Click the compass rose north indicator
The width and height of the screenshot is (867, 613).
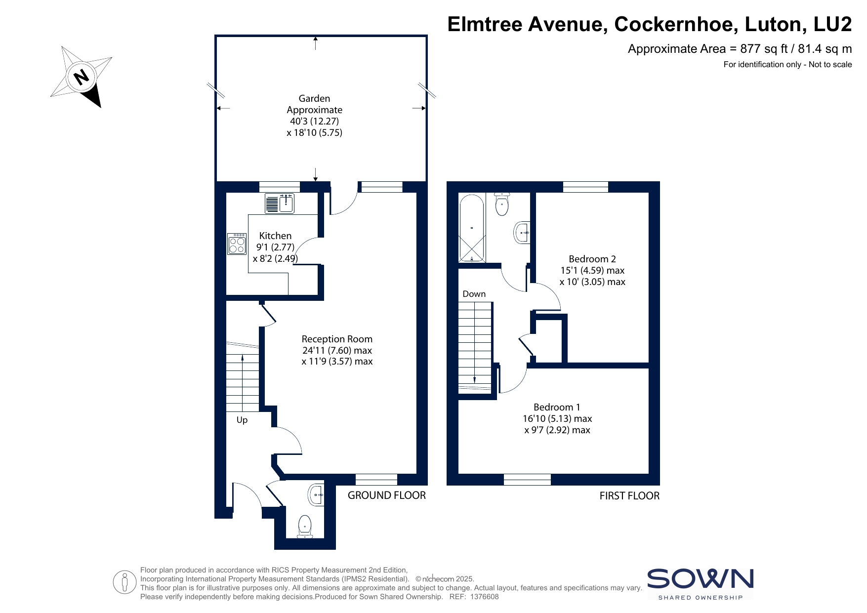click(81, 77)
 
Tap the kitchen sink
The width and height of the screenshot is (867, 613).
click(280, 204)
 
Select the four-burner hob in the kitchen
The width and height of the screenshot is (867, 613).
click(237, 244)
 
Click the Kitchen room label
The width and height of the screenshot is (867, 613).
click(275, 236)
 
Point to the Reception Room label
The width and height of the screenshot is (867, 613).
click(337, 339)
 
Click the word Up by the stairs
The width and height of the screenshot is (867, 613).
click(242, 420)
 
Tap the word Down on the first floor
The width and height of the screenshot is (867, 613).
click(474, 294)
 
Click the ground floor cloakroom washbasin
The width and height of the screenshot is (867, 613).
click(316, 494)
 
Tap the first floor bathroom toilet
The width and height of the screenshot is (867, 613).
click(502, 204)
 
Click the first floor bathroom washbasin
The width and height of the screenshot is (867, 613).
click(523, 232)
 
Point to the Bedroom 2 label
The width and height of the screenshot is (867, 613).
click(592, 259)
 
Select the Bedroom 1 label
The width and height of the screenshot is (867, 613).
click(557, 407)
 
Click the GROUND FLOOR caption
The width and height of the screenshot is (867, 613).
click(387, 495)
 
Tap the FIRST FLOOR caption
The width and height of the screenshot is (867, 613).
click(629, 495)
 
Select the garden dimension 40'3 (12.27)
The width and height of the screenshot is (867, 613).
click(314, 121)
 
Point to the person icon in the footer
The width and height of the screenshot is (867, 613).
click(124, 582)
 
